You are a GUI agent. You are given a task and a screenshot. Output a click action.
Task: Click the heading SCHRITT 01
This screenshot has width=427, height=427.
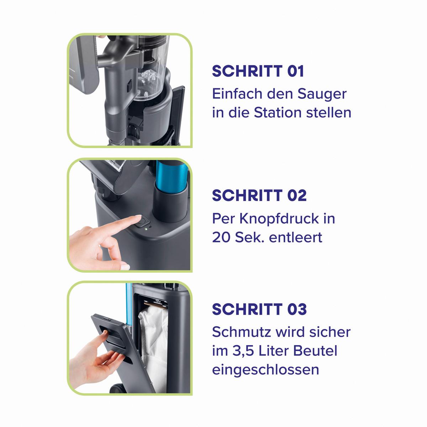[x=258, y=71]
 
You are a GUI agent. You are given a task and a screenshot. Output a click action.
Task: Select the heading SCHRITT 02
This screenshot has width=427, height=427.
[x=259, y=195]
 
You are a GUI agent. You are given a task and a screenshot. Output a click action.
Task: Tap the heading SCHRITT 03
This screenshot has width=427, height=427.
[x=259, y=309]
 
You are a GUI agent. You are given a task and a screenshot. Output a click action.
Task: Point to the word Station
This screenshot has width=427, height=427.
[x=278, y=112]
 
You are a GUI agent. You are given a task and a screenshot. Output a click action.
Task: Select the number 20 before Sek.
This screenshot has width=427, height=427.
[x=221, y=238]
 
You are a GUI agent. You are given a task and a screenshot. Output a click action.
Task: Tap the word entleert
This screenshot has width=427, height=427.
[x=296, y=238]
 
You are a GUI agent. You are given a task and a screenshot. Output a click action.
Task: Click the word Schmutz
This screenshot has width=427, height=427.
[x=242, y=332]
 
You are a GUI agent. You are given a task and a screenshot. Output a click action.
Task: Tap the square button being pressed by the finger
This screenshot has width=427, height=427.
[x=143, y=222]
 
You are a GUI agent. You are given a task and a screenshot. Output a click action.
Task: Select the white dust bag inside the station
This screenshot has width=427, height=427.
[x=154, y=350]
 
